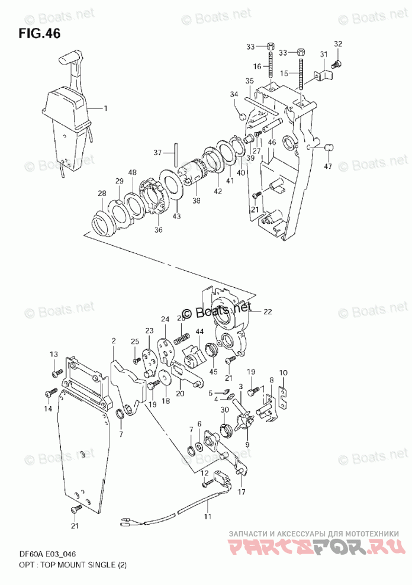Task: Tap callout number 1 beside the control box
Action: (x=106, y=108)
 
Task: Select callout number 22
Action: (x=267, y=311)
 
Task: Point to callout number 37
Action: (x=157, y=153)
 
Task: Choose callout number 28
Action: (x=102, y=194)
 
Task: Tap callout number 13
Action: (x=54, y=354)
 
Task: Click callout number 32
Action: (x=338, y=44)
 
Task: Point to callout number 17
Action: (x=242, y=491)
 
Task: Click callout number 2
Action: (x=113, y=340)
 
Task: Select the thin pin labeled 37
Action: (x=176, y=154)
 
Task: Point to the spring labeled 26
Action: (x=183, y=339)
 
